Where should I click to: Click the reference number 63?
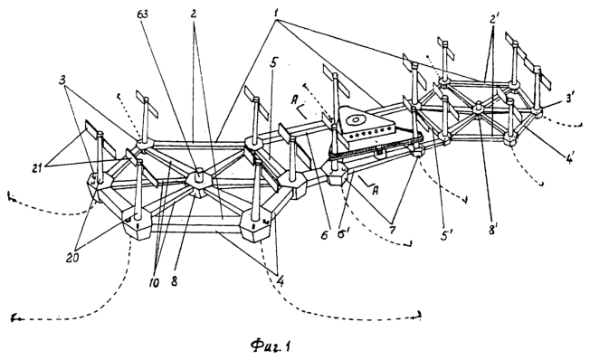pyautogui.click(x=143, y=14)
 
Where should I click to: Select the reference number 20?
pyautogui.click(x=73, y=259)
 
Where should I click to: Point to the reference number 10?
pyautogui.click(x=154, y=281)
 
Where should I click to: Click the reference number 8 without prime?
pyautogui.click(x=175, y=281)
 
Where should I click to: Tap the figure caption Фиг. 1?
pyautogui.click(x=271, y=346)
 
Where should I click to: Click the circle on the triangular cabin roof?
pyautogui.click(x=355, y=121)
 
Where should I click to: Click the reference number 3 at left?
pyautogui.click(x=62, y=81)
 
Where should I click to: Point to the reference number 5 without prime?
pyautogui.click(x=273, y=62)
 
